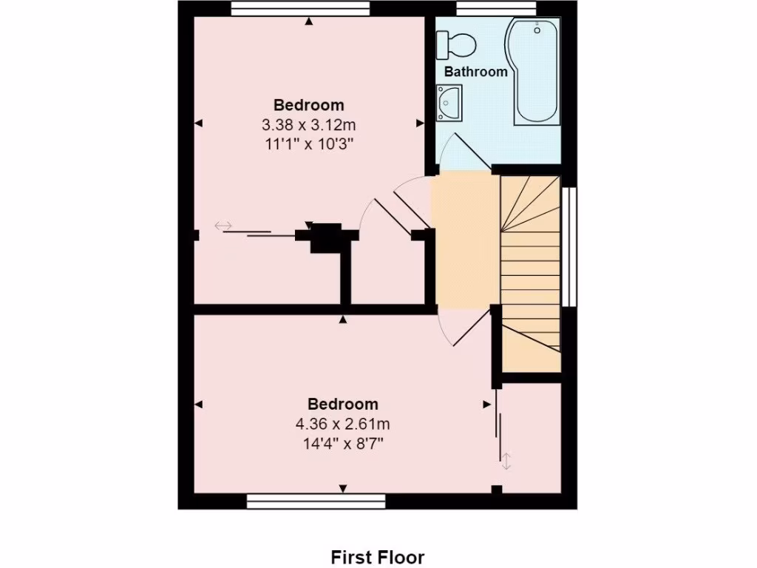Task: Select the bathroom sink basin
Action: (x=449, y=102)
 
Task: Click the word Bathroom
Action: (x=475, y=72)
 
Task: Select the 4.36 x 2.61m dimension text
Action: (x=342, y=424)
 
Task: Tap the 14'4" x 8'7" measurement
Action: (x=342, y=444)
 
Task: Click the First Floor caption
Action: (x=377, y=556)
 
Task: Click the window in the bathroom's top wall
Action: (x=495, y=8)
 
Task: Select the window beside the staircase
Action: (x=568, y=246)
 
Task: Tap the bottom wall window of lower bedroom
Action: (x=316, y=502)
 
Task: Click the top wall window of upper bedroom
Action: (x=299, y=8)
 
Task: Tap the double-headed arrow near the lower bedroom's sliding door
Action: (x=506, y=461)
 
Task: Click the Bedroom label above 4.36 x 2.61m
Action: (x=342, y=404)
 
